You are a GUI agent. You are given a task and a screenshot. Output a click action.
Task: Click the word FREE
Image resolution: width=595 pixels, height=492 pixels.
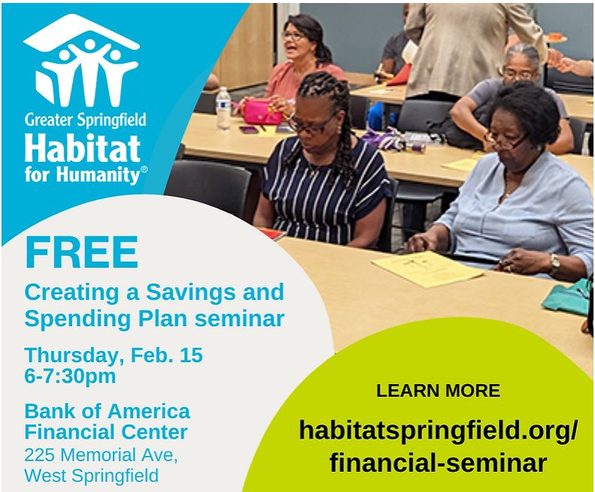click(x=82, y=252)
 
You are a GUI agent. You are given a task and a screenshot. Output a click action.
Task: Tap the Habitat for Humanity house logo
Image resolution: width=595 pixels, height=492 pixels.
click(x=81, y=61)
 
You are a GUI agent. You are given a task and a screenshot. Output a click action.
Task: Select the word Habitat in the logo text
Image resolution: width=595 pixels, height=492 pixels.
click(x=83, y=148)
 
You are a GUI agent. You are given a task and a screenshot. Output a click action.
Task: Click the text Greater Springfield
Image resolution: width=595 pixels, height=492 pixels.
click(x=86, y=120)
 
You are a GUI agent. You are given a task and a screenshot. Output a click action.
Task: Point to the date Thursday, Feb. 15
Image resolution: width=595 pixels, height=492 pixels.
click(x=113, y=356)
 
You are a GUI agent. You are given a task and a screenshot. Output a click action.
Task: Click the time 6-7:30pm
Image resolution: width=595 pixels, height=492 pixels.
click(x=70, y=376)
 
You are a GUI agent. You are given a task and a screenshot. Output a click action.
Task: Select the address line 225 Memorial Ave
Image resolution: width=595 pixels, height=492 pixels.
click(x=101, y=455)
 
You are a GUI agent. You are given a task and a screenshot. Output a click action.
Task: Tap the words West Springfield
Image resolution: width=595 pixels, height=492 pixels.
click(x=92, y=475)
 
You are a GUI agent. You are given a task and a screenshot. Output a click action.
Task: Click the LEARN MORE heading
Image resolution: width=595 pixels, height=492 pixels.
click(x=438, y=391)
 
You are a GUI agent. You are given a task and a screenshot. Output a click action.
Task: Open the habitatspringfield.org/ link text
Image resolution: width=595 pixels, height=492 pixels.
click(x=438, y=430)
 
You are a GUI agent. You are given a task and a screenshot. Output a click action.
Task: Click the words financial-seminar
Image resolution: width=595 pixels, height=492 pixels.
click(x=438, y=463)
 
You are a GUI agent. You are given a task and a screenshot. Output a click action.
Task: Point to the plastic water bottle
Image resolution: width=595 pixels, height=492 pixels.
click(x=224, y=109)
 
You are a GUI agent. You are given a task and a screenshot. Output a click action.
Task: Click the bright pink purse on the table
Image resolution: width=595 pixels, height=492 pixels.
click(x=262, y=111)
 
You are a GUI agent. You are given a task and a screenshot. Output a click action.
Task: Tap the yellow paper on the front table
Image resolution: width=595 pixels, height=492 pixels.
click(x=427, y=269)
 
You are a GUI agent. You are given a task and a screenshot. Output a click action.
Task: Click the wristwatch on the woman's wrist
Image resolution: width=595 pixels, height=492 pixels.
click(x=554, y=262)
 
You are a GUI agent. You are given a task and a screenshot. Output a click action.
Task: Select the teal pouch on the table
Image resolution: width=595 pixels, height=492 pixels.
click(x=566, y=297)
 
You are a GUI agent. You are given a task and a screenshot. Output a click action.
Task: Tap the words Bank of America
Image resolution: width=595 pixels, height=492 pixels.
click(x=107, y=411)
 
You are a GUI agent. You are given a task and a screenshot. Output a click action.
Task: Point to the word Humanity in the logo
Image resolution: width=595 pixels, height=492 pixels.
click(x=99, y=175)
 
